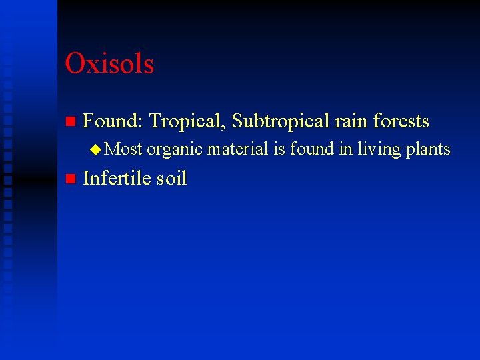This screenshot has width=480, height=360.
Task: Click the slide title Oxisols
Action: pos(109,64)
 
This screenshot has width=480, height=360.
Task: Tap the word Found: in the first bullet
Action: pos(113,121)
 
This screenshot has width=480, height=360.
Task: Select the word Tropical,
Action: pos(188,121)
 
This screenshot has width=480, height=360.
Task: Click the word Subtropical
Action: pos(281,121)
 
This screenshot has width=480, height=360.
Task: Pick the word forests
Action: pos(401,121)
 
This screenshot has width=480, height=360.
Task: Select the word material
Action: pos(237,149)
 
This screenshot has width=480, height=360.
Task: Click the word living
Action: pos(378,150)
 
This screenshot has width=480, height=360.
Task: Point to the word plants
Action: pos(427,150)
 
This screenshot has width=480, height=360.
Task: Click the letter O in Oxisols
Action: pos(74,64)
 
